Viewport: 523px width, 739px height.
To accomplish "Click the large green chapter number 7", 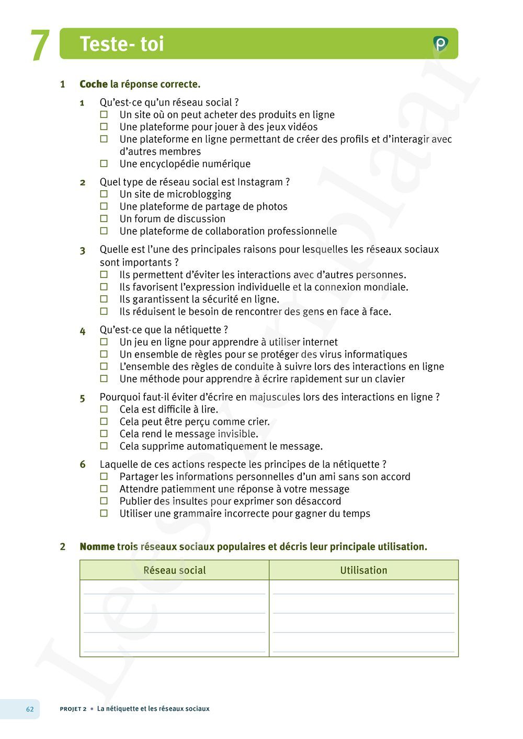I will coord(40,46).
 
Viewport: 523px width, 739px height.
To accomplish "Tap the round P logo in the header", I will coord(440,44).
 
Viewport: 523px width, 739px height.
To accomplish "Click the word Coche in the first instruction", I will coord(94,84).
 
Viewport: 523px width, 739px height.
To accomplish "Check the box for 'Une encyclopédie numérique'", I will coord(104,164).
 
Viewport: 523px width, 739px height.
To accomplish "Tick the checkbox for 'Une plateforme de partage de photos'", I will coord(104,206).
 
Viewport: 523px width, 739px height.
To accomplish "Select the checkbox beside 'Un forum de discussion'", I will coord(104,218).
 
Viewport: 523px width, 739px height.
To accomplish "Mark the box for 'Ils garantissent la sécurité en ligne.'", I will coord(104,299).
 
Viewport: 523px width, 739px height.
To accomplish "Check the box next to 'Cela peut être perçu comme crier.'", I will coord(104,421).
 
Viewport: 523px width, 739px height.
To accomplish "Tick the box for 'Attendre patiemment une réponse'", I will coord(104,489).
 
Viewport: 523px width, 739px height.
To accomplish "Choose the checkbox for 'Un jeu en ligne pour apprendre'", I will coord(104,342).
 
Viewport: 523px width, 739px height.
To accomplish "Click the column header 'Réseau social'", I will coord(174,570).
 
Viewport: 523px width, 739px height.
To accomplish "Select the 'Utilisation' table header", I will coord(363,570).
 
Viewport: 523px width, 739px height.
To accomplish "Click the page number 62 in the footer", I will coord(30,709).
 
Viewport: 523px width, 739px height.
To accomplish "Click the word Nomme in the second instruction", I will coord(97,547).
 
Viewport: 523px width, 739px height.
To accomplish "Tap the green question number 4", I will coord(83,331).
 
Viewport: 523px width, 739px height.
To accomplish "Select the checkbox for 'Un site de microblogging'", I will coord(104,194).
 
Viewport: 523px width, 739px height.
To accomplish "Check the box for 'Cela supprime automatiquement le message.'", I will coord(104,446).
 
